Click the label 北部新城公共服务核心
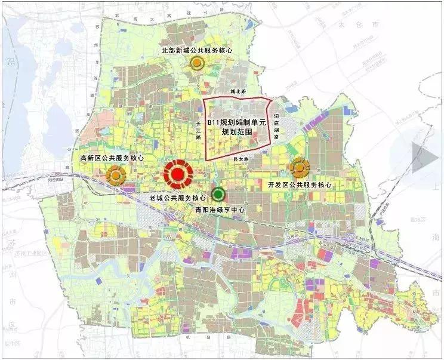(x=196, y=51)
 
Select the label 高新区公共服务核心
(x=112, y=158)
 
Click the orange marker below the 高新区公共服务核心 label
(x=115, y=175)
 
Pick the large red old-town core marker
(x=177, y=174)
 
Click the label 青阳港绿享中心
(x=220, y=210)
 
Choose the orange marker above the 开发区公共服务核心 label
(x=298, y=168)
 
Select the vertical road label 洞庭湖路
(x=276, y=126)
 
